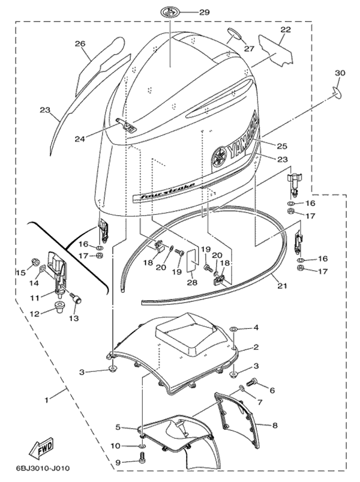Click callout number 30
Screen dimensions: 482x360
click(340, 73)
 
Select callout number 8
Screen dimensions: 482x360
click(275, 425)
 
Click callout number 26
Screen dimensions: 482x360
click(80, 43)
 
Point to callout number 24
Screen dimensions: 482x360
click(96, 139)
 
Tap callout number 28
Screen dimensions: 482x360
click(190, 283)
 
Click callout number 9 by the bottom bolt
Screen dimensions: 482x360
click(118, 462)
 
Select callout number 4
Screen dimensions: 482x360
click(256, 328)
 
